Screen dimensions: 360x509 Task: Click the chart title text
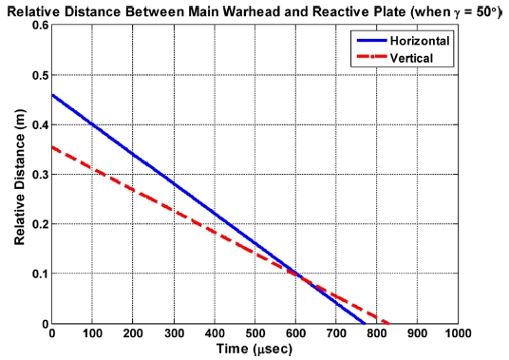[254, 9]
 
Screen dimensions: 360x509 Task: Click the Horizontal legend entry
[412, 43]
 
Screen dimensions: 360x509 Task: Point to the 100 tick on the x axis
[92, 335]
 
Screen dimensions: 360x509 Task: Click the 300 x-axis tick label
[174, 335]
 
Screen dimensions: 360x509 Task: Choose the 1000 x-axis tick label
[458, 335]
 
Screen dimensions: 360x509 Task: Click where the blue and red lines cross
[296, 275]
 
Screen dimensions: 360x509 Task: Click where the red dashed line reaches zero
[389, 324]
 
